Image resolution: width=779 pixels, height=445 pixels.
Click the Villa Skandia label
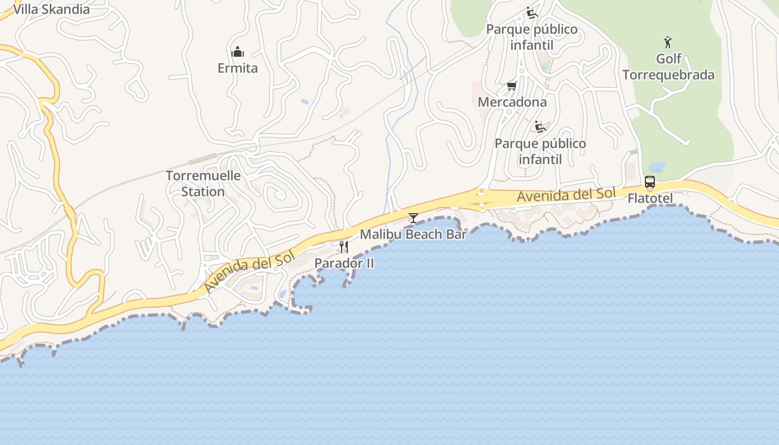pos(51,9)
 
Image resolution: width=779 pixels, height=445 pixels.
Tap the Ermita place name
pos(238,68)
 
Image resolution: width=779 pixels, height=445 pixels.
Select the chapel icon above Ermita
pos(238,52)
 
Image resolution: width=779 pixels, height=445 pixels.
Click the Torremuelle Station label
pos(203,184)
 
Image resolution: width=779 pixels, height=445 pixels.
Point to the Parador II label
pos(344,263)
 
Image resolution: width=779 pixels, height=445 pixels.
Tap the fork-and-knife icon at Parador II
pos(344,246)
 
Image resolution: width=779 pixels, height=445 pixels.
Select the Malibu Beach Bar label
pos(413,234)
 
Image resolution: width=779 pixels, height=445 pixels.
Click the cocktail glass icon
pos(413,217)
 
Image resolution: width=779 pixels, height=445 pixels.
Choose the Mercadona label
pos(512,102)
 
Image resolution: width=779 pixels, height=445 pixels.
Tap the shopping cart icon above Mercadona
pos(512,86)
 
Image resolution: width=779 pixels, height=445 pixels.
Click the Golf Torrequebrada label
pos(668,67)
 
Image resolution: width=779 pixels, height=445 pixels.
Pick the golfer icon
pos(668,42)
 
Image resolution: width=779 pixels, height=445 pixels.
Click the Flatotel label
pos(650,199)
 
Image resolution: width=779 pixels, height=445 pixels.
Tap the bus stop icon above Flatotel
pos(649,182)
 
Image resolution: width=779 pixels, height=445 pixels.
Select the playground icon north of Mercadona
pos(532,13)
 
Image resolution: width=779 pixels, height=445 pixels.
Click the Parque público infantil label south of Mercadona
pos(540,151)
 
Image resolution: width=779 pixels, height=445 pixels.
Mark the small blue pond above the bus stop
pos(657,167)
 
